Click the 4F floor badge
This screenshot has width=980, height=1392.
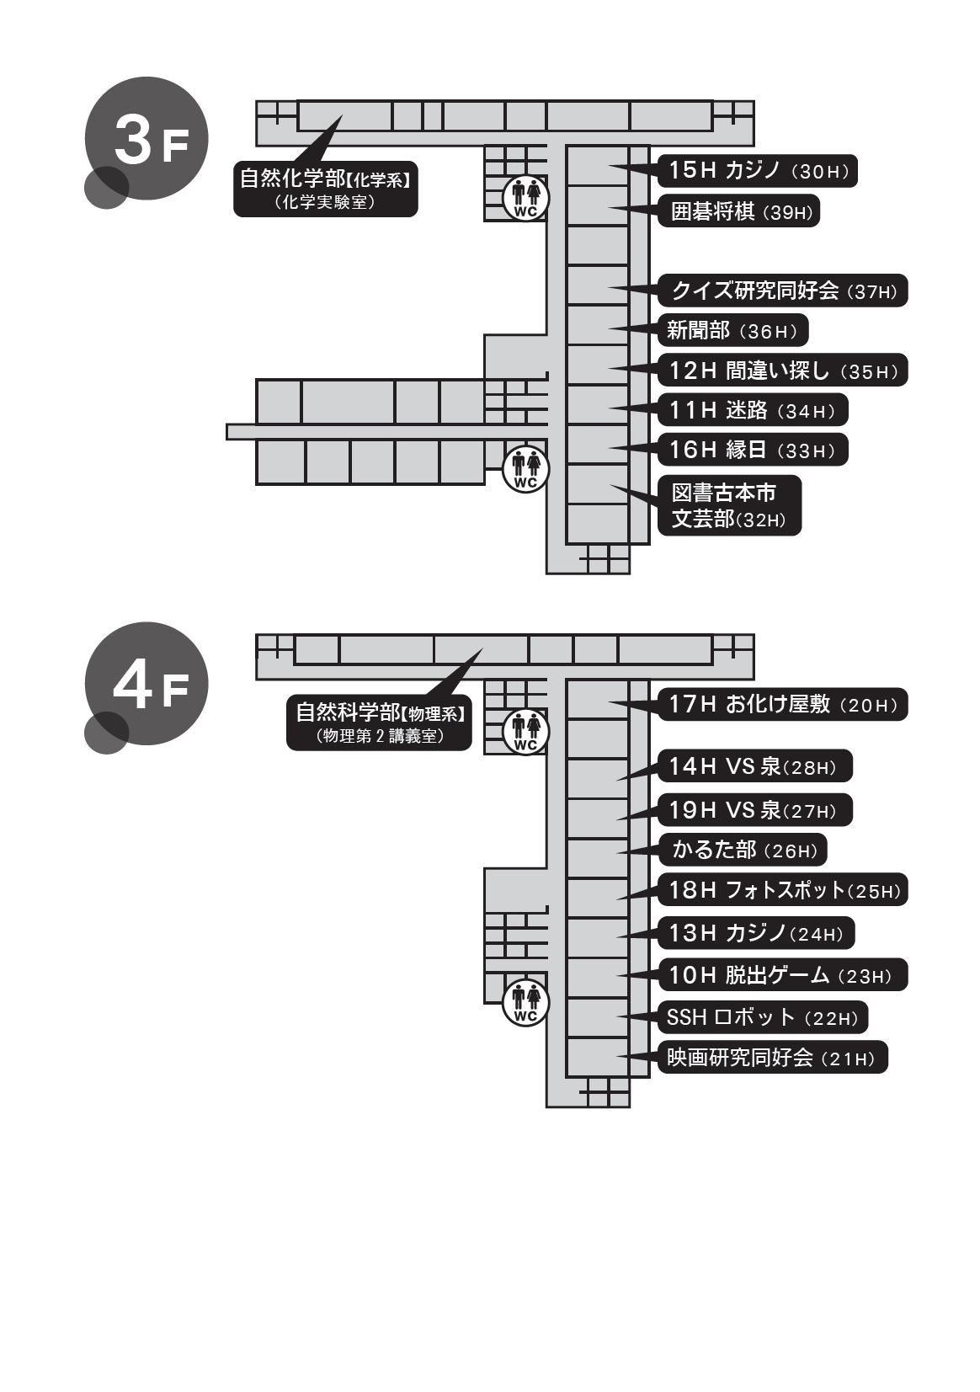click(146, 686)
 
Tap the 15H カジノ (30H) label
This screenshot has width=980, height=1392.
click(758, 171)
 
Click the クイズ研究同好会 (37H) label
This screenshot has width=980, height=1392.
click(783, 291)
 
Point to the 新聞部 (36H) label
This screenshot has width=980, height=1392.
click(732, 331)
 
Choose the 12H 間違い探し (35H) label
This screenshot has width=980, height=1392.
click(783, 371)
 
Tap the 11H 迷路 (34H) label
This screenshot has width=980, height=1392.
click(752, 410)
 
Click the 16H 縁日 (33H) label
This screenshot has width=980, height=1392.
click(752, 450)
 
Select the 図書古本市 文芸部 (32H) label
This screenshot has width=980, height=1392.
click(729, 506)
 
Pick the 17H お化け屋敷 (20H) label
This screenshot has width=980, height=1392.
click(783, 704)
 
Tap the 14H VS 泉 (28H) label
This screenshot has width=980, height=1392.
click(754, 766)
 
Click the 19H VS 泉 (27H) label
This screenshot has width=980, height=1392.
click(754, 810)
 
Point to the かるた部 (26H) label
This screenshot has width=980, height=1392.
click(743, 850)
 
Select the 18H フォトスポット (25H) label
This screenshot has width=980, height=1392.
click(783, 890)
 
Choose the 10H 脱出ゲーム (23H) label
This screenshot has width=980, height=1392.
click(783, 975)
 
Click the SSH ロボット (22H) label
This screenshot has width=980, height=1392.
click(762, 1017)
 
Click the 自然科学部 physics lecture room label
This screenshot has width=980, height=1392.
click(379, 723)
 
